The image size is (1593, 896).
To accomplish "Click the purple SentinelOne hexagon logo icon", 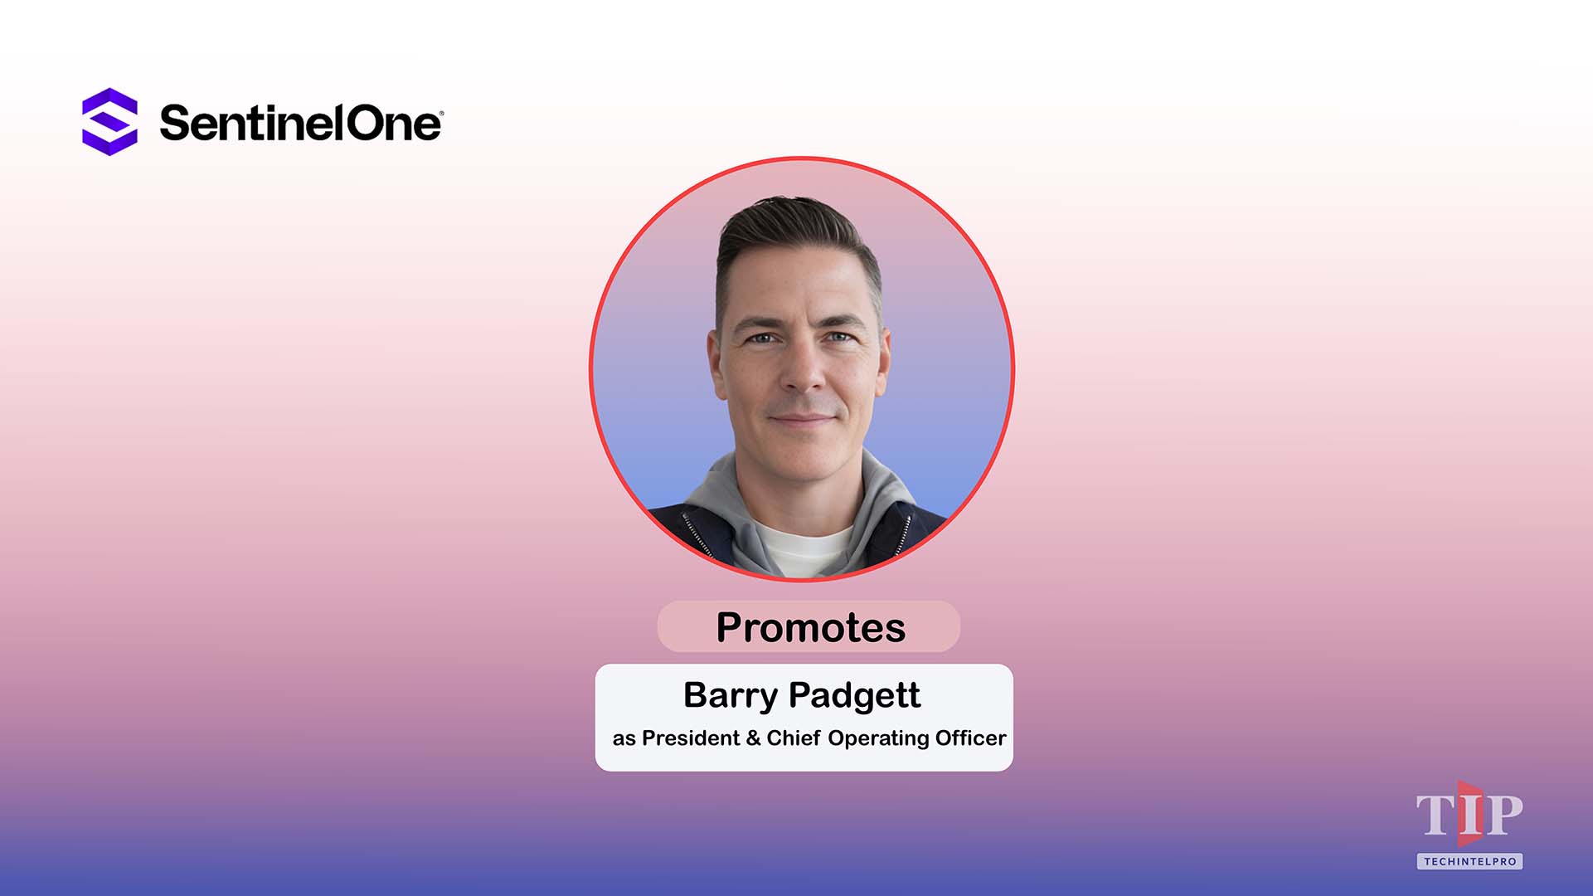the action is (x=109, y=122).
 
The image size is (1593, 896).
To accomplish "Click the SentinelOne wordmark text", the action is (x=300, y=124).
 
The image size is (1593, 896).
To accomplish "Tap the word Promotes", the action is (x=810, y=627).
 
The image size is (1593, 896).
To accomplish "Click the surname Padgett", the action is (x=854, y=695).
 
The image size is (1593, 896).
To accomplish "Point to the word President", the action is (x=690, y=738).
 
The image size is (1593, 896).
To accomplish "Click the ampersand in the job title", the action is (x=753, y=738).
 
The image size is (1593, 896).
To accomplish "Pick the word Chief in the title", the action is (x=794, y=738).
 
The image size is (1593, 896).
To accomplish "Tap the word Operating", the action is (x=878, y=739).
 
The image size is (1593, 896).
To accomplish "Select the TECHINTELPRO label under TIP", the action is (x=1469, y=861).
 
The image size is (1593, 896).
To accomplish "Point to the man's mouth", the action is (x=802, y=420).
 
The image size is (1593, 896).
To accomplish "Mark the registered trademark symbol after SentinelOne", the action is (x=440, y=113).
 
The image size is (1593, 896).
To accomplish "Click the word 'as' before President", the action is (x=624, y=739).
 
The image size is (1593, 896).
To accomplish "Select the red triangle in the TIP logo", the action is (x=1470, y=813).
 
